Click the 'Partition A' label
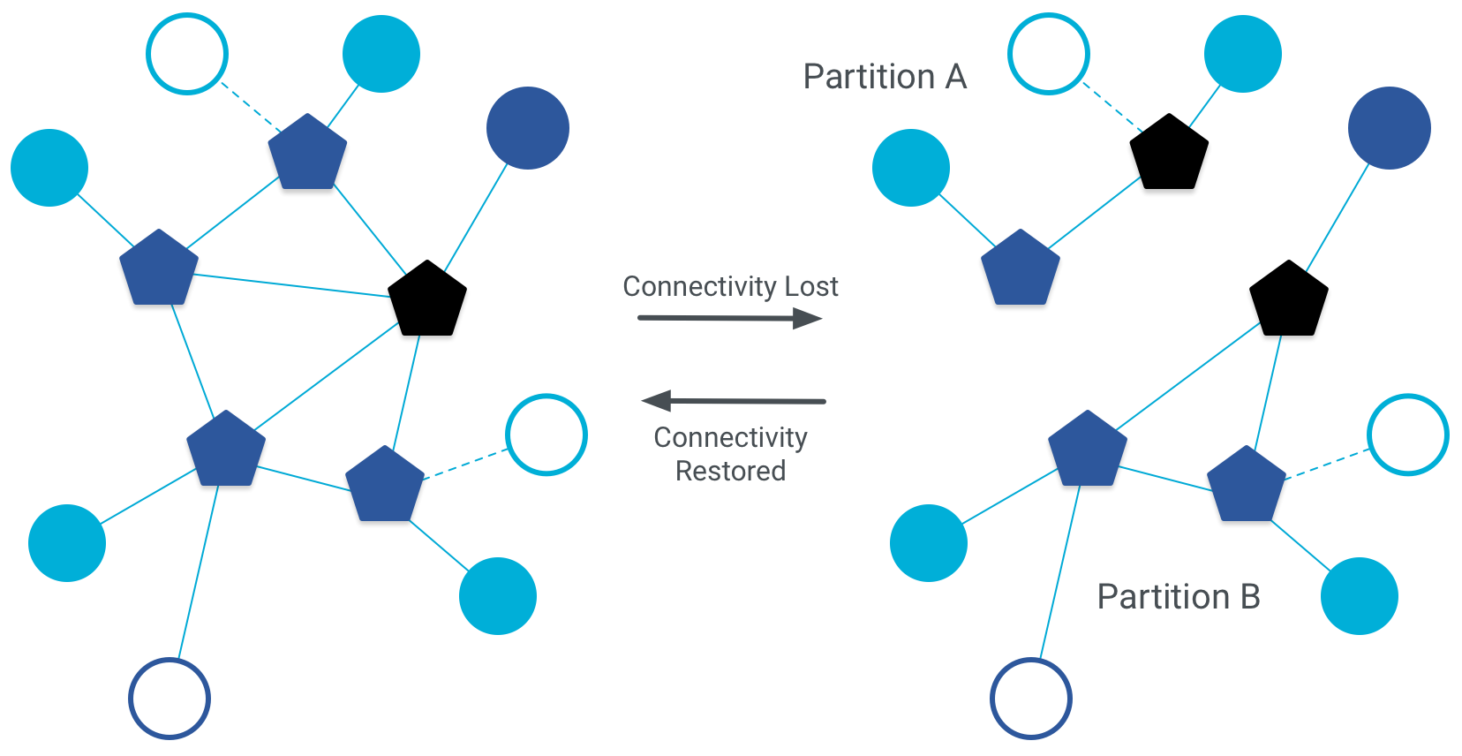885,77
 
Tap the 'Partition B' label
1178,597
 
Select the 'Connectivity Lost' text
730,286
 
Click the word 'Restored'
730,471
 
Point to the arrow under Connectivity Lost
729,318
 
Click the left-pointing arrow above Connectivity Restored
733,401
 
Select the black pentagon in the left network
427,300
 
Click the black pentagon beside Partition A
1169,154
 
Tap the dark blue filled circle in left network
528,128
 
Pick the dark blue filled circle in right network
1389,128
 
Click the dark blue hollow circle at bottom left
170,699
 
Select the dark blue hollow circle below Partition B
1030,699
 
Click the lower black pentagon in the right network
1288,300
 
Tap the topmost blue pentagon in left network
307,154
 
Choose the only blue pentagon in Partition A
1021,269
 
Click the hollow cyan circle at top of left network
187,54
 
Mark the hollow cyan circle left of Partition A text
1049,54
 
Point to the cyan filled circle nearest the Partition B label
1359,596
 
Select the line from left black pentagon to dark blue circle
476,217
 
